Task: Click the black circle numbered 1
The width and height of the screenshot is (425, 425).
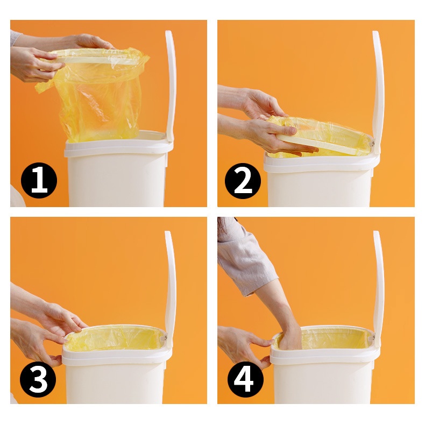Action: coord(39,180)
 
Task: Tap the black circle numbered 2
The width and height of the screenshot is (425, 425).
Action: coord(243,181)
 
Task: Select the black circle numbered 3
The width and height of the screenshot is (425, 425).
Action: coord(38,379)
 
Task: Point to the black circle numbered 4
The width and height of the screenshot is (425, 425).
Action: coord(245,379)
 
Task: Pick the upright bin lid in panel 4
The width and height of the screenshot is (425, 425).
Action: coord(379,289)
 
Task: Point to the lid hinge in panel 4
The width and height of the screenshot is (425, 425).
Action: coord(373,338)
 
